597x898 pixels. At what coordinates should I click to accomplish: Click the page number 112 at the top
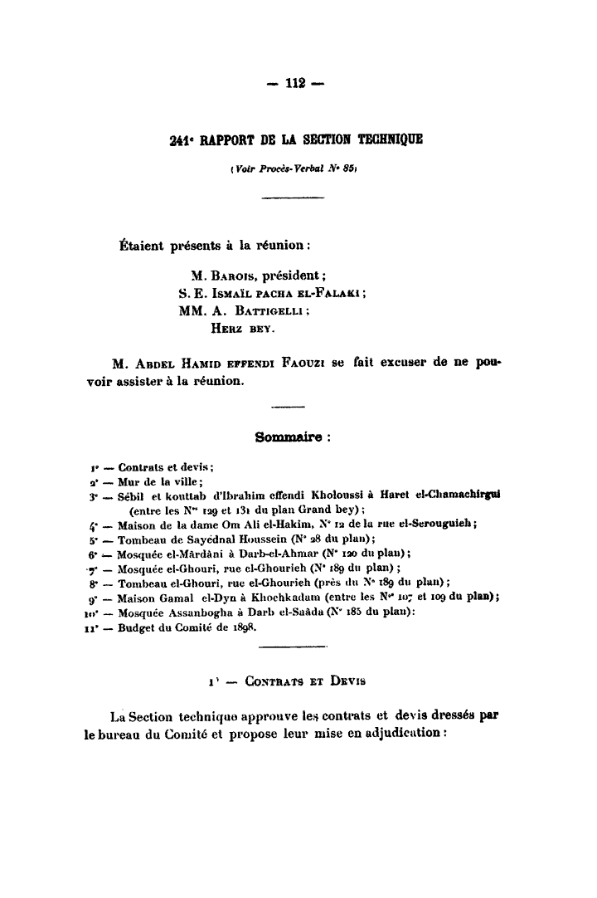tap(296, 82)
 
